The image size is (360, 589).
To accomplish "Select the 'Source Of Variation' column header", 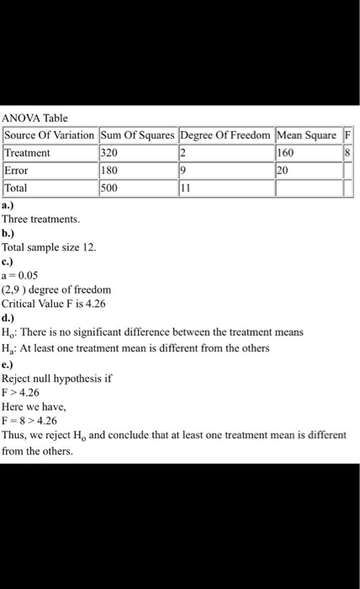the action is pos(50,136).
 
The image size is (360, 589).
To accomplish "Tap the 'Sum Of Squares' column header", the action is pos(136,136).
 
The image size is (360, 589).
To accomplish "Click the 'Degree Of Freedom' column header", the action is pos(225,136).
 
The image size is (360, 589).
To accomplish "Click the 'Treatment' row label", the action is pos(28,153).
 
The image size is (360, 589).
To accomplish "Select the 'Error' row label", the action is pos(18,171).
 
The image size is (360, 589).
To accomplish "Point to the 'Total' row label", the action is pos(18,188).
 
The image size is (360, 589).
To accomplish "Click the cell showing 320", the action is pos(109,153).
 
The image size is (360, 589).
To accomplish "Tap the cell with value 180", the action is pos(109,171).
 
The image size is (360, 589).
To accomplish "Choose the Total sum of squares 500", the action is pos(109,188).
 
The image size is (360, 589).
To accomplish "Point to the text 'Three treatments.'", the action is pos(41,219).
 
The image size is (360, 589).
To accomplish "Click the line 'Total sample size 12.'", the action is pos(50,248).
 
